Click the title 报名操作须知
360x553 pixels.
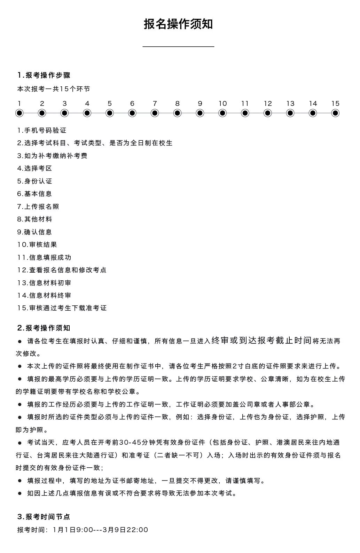[178, 24]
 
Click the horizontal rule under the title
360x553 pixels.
[178, 46]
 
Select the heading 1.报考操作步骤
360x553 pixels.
[44, 75]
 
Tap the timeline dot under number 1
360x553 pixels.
[19, 113]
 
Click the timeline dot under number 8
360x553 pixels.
[178, 113]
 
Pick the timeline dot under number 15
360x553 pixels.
[335, 113]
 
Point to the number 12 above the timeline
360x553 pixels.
[268, 103]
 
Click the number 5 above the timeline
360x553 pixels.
[110, 103]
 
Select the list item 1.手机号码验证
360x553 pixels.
[42, 131]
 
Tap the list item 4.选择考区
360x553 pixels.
[34, 169]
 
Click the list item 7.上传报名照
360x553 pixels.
[38, 207]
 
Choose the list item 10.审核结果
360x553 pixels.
[37, 244]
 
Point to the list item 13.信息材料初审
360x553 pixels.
[44, 283]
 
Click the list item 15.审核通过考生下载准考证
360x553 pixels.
[62, 308]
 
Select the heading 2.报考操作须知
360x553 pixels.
[44, 328]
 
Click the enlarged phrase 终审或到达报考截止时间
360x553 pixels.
[261, 340]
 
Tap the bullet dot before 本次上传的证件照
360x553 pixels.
[19, 366]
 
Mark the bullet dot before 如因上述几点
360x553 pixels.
[19, 493]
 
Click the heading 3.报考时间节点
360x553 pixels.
[44, 517]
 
